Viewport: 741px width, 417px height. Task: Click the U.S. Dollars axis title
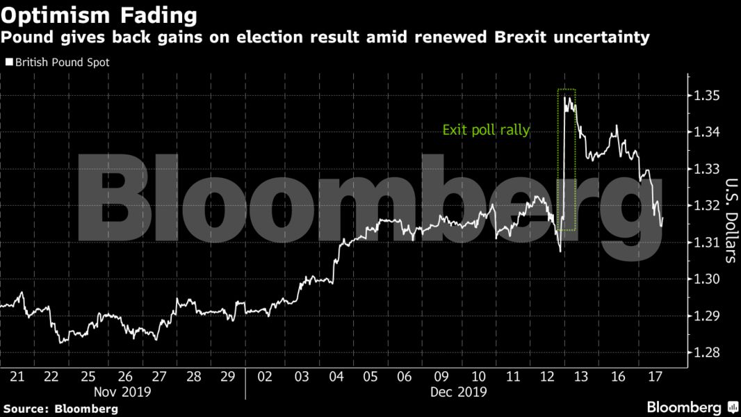pos(730,220)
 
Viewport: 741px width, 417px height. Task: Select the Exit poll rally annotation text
pos(486,130)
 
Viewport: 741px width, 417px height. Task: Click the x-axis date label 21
pos(17,377)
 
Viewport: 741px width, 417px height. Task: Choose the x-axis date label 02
pos(265,377)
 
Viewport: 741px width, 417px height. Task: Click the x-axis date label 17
pos(654,377)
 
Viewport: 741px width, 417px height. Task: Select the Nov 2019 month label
pos(124,391)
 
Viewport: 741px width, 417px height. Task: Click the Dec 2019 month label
pos(459,391)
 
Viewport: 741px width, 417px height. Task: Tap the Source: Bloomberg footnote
pos(60,408)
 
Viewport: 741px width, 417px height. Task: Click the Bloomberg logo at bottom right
pos(692,407)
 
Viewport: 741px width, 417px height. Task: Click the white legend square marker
pos(8,62)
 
